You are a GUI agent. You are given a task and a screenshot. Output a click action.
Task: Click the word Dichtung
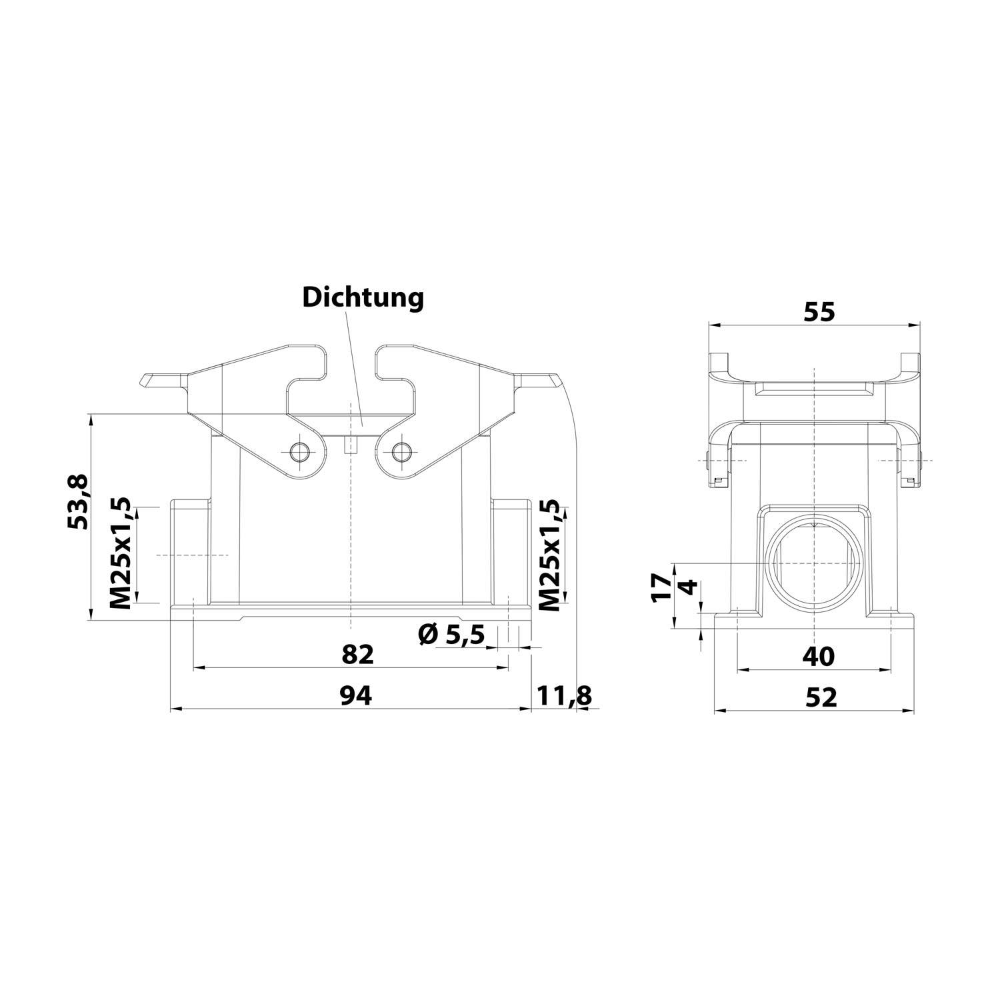coord(363,297)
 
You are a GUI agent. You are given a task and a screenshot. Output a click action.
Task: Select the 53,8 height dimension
coord(79,502)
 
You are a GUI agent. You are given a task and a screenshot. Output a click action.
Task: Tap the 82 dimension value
coord(357,655)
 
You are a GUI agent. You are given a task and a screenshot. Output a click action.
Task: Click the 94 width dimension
coord(355,696)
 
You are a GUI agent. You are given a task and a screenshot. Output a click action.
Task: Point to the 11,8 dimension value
coord(564,696)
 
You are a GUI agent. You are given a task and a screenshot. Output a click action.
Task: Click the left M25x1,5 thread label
coord(121,553)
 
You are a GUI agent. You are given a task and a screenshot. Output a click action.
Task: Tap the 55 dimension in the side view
coord(819,312)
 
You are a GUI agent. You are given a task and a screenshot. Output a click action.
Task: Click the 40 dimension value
coord(818,657)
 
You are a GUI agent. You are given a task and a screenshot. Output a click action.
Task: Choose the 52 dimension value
coord(820,697)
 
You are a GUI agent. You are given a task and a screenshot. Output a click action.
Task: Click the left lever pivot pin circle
coord(299,452)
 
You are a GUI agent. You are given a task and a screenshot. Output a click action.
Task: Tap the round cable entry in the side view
coord(814,563)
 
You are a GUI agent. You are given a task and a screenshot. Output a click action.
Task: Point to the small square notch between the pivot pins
coord(349,445)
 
